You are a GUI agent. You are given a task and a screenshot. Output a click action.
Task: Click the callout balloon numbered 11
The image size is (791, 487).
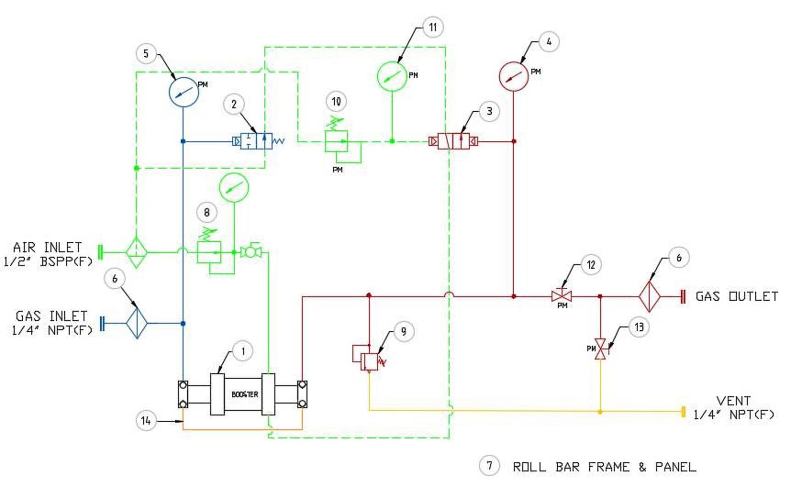[x=433, y=27]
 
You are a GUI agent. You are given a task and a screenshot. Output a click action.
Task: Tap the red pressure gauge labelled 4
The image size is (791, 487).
[x=514, y=77]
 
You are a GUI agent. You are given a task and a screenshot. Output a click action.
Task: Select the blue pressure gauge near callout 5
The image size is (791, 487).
[x=183, y=92]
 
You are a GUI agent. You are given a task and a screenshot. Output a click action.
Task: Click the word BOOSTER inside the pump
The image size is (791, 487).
[x=245, y=395]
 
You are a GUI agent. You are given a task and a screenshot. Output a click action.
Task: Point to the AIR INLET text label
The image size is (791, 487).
[x=47, y=247]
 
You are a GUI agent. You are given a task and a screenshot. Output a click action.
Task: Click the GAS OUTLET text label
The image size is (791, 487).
[x=736, y=297]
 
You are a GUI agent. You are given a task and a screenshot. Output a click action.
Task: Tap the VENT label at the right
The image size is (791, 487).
[x=733, y=400]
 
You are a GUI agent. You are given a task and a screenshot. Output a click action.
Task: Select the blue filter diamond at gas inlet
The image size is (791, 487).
[x=136, y=323]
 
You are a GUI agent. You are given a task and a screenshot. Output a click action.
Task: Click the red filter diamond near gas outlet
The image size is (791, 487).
[x=649, y=297]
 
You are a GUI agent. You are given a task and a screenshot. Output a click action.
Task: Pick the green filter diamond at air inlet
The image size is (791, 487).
[x=136, y=252]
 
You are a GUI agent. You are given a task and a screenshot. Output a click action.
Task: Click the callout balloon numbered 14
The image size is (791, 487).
[x=145, y=421]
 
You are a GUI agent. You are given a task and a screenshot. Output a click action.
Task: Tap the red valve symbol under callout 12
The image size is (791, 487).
[x=562, y=296]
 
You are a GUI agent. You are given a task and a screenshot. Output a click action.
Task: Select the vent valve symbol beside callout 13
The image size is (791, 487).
[x=600, y=349]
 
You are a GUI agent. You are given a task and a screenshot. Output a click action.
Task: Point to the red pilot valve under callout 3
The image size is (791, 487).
[x=453, y=141]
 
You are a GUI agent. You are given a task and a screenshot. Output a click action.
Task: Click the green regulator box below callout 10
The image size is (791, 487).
[x=336, y=141]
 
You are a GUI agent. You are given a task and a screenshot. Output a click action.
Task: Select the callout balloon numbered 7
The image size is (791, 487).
[x=489, y=465]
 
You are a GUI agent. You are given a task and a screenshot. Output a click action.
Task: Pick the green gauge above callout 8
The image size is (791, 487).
[x=233, y=187]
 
